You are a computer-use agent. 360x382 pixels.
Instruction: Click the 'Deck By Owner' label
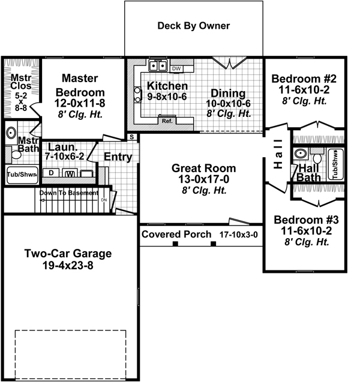click(193, 26)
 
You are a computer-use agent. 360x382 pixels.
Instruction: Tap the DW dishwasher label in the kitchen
click(176, 69)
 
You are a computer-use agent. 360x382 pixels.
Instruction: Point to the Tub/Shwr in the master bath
click(22, 175)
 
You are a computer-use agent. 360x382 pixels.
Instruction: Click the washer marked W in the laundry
click(70, 174)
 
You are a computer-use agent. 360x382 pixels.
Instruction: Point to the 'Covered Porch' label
click(176, 234)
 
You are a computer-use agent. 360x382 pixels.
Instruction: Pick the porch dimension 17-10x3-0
click(238, 234)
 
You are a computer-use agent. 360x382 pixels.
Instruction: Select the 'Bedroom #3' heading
click(301, 219)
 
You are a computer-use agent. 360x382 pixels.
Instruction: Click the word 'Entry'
click(118, 157)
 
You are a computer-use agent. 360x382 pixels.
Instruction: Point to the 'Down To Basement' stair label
click(69, 193)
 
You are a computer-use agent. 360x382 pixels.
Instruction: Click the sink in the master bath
click(11, 133)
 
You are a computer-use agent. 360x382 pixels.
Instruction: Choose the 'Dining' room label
click(227, 93)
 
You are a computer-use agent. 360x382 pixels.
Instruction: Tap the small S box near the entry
click(131, 137)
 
